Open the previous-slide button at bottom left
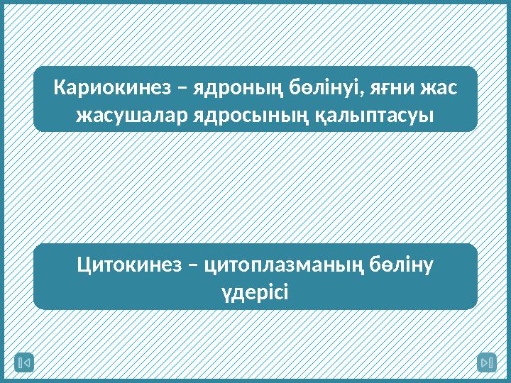click(x=24, y=363)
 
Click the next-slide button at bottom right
click(x=486, y=363)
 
